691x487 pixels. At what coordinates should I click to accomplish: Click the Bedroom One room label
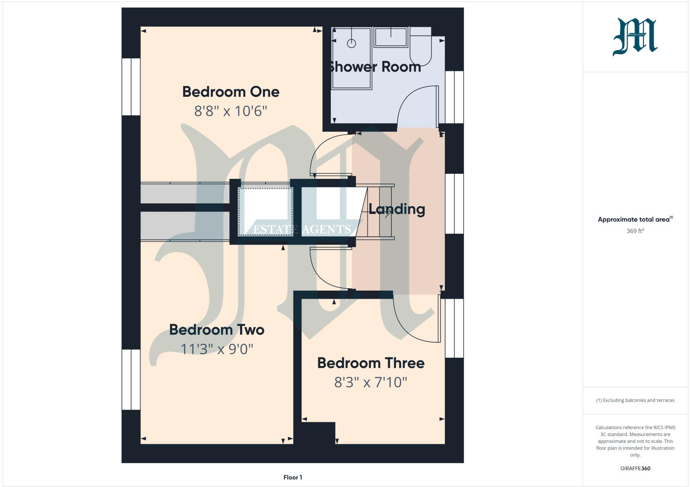pyautogui.click(x=231, y=92)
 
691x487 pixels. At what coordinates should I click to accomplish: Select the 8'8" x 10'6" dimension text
pyautogui.click(x=231, y=111)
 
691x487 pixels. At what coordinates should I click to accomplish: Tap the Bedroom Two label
pyautogui.click(x=216, y=330)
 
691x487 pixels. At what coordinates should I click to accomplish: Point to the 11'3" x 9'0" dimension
pyautogui.click(x=216, y=349)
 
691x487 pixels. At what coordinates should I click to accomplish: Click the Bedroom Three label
pyautogui.click(x=371, y=363)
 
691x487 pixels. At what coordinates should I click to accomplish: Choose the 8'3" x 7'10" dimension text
pyautogui.click(x=371, y=382)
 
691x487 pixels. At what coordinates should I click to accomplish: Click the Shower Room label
pyautogui.click(x=375, y=67)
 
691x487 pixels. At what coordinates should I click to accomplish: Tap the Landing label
pyautogui.click(x=396, y=209)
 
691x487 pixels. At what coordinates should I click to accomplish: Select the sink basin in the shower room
pyautogui.click(x=391, y=37)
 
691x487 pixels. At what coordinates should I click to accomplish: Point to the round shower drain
pyautogui.click(x=352, y=43)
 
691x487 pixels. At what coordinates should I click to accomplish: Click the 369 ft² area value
pyautogui.click(x=635, y=231)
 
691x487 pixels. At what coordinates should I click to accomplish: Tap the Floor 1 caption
pyautogui.click(x=293, y=477)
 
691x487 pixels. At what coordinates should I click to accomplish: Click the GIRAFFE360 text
pyautogui.click(x=635, y=468)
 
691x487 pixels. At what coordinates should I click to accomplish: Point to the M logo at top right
pyautogui.click(x=635, y=37)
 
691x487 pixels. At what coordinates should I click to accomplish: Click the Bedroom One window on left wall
pyautogui.click(x=131, y=87)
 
